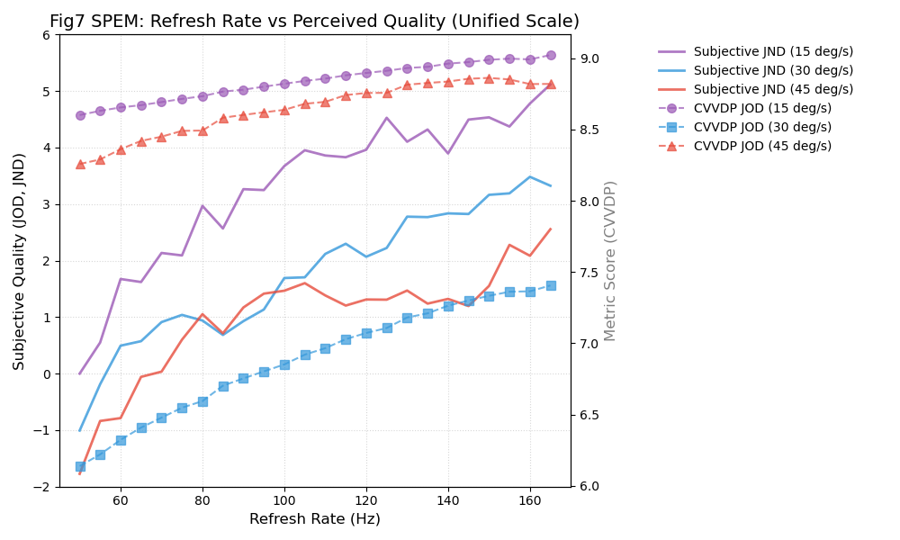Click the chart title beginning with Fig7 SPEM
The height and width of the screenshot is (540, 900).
coord(314,22)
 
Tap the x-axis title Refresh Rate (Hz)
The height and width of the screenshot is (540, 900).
coord(314,519)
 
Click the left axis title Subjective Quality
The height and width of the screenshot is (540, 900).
coord(20,261)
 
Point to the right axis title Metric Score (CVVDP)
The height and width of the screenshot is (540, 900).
coord(610,261)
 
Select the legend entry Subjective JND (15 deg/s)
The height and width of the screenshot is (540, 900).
coord(773,52)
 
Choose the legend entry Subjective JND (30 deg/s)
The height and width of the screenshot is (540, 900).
coord(773,71)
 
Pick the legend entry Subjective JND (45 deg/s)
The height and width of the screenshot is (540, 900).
coord(773,90)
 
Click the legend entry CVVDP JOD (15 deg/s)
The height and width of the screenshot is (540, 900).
coord(761,108)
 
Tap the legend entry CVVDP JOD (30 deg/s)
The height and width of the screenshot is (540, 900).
coord(761,127)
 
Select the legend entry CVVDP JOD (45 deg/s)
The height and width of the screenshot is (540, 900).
coord(761,146)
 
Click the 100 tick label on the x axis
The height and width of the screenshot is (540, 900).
coord(284,499)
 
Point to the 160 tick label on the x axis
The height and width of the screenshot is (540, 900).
coord(530,499)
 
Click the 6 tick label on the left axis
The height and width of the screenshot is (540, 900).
coord(46,35)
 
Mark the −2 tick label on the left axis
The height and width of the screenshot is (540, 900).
coord(42,487)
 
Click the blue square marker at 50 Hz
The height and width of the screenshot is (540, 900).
coord(80,466)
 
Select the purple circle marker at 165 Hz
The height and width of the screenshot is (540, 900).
coord(551,55)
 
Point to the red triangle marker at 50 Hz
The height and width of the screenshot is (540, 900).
coord(80,164)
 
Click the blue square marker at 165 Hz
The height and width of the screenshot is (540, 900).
coord(551,285)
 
